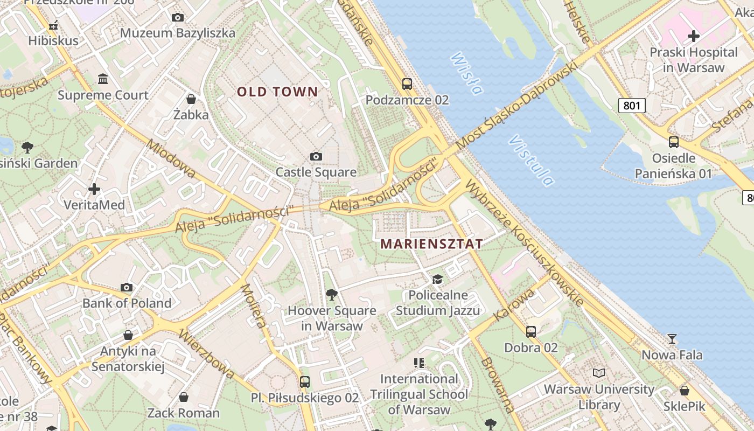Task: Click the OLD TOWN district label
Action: tap(278, 92)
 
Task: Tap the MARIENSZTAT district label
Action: tap(431, 244)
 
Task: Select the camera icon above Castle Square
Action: tap(316, 157)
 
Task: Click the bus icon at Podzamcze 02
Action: tap(407, 84)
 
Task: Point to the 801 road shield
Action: tap(631, 105)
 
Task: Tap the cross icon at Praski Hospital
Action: tap(694, 36)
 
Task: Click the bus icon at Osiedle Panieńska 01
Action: tap(673, 142)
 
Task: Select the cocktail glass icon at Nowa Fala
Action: tap(672, 339)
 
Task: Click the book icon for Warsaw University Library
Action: tap(598, 373)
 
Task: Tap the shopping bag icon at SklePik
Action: tap(685, 391)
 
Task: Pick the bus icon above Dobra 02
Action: tap(531, 331)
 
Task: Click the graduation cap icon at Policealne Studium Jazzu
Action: tap(437, 279)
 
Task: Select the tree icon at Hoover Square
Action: tap(332, 294)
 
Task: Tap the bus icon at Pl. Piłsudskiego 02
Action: tap(305, 381)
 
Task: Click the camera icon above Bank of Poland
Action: tap(127, 287)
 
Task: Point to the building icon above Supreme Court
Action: tap(103, 79)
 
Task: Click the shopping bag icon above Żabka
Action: tap(191, 99)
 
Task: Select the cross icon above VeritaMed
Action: tap(94, 189)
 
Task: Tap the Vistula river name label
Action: tap(531, 161)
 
